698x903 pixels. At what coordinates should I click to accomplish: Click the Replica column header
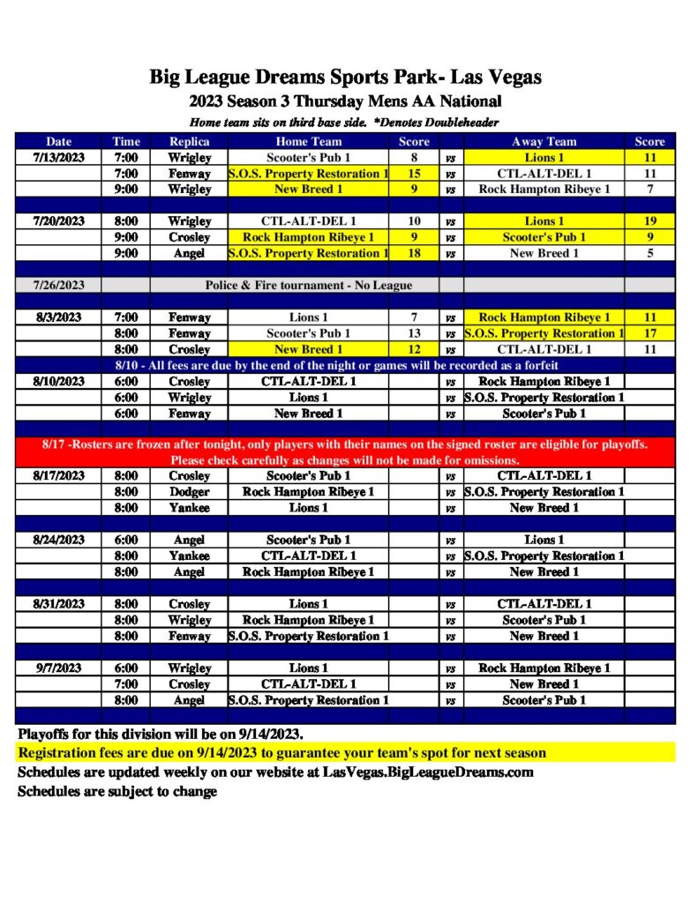189,141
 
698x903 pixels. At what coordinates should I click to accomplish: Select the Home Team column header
308,141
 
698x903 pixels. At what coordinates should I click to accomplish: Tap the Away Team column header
544,141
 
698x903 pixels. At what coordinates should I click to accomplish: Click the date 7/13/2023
59,157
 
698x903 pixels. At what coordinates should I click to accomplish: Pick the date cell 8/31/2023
59,604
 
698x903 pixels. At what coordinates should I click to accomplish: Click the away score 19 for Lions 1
649,221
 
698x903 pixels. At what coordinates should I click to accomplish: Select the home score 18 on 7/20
414,253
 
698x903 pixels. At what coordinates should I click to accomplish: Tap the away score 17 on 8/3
649,333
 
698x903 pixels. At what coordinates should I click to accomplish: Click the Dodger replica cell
189,492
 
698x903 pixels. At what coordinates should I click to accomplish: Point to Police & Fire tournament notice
308,285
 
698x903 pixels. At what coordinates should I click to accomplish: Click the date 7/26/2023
59,285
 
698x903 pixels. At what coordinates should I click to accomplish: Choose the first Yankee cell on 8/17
189,508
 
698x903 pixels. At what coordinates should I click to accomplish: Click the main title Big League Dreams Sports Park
345,78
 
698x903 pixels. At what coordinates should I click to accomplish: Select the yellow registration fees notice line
281,753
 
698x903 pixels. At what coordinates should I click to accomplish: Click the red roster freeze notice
345,452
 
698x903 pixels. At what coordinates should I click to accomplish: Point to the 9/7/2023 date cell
59,668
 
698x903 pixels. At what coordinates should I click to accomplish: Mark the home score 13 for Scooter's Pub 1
414,333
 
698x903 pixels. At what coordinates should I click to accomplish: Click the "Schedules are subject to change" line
117,792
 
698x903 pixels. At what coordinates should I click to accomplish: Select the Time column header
125,141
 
